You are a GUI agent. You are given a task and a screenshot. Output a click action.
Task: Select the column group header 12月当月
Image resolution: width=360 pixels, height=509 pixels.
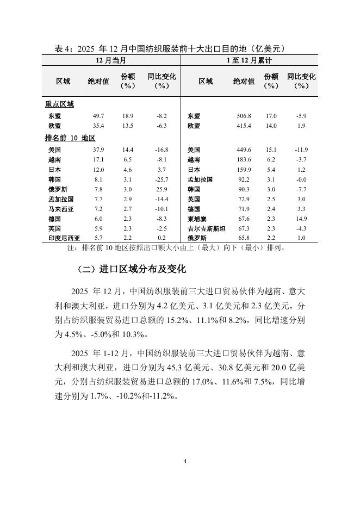click(x=111, y=60)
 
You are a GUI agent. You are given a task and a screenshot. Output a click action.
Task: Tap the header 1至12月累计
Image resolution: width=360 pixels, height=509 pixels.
click(x=249, y=60)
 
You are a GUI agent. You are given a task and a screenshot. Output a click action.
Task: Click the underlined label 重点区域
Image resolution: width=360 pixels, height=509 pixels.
click(x=59, y=104)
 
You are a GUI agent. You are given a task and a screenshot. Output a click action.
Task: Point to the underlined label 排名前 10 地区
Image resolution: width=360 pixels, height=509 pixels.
click(x=70, y=138)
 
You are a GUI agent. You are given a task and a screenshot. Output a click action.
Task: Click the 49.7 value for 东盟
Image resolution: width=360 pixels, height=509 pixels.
click(x=99, y=116)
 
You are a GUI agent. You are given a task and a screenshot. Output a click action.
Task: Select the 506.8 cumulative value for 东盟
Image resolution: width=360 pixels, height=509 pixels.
click(x=244, y=116)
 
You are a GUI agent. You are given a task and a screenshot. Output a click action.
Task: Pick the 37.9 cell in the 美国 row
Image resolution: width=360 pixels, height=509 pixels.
click(x=99, y=150)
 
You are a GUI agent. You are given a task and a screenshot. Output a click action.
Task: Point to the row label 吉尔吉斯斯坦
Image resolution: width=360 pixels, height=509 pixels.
click(x=206, y=228)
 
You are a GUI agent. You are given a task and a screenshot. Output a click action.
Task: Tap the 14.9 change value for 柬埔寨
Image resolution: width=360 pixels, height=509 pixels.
click(x=301, y=219)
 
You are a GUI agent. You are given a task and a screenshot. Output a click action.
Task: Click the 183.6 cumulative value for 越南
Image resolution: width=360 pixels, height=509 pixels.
click(x=244, y=160)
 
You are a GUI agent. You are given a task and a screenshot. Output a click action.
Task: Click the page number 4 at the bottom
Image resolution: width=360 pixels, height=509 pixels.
click(x=185, y=462)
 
